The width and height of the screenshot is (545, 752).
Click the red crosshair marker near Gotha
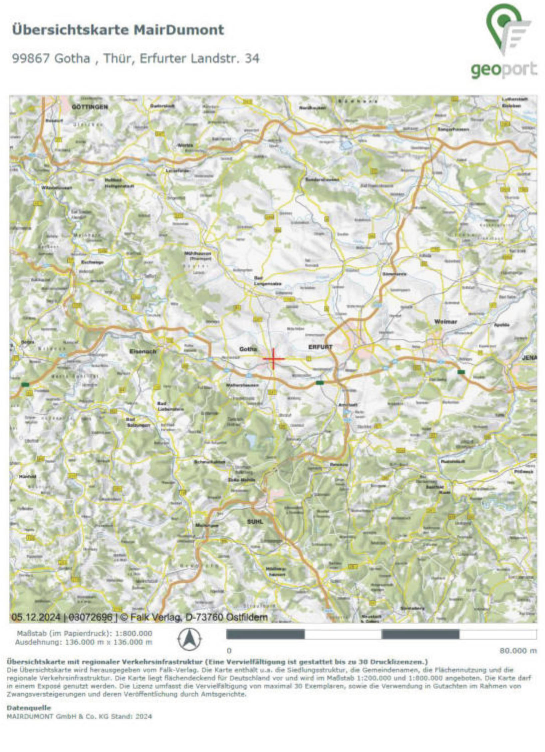(x=273, y=359)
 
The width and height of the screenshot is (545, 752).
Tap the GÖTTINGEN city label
(x=90, y=107)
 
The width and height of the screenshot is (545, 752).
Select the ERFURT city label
(x=320, y=347)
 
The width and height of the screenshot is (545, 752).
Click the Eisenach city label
(x=143, y=351)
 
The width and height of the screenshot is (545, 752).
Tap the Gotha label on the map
(x=248, y=349)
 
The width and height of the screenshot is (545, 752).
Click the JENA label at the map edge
(x=529, y=358)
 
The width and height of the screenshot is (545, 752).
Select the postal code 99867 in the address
(x=31, y=59)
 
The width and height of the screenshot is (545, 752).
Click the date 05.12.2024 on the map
(x=36, y=617)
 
